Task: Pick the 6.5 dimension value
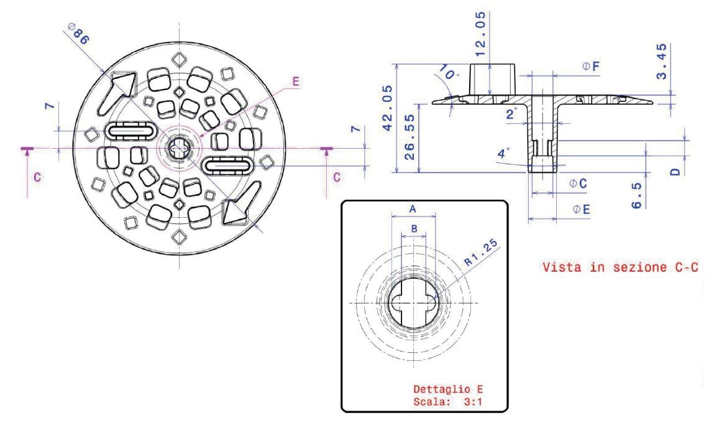coord(636,195)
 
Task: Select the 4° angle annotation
coord(503,151)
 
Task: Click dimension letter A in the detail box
coord(413,210)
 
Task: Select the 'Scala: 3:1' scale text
coord(447,401)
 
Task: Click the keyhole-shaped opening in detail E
coord(414,303)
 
